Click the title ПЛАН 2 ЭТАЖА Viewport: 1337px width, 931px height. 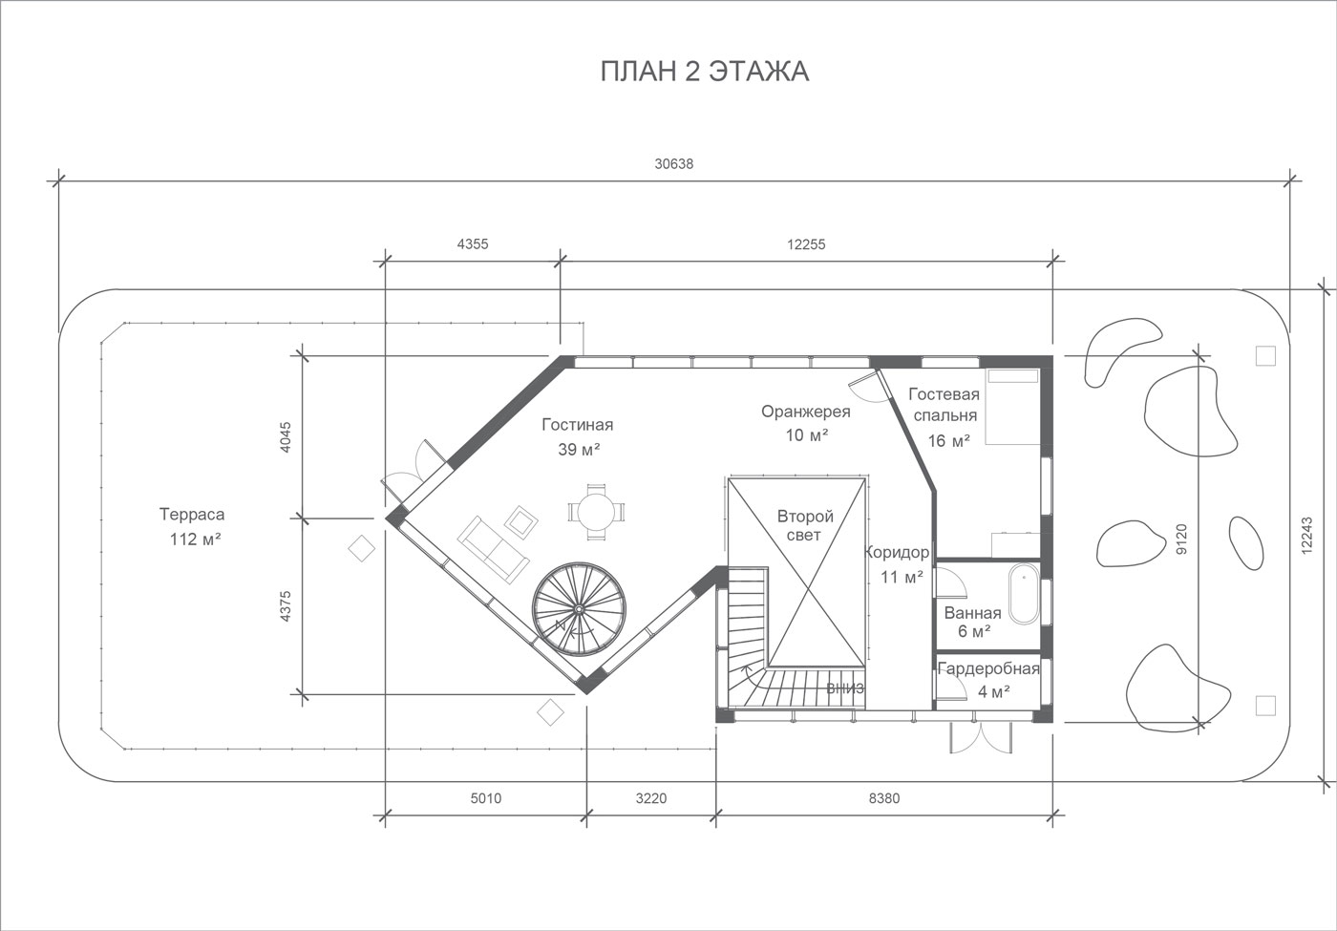click(705, 71)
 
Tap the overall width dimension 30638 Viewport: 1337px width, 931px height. click(674, 164)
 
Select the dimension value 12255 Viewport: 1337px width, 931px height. click(806, 244)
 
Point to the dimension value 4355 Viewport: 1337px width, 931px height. click(473, 244)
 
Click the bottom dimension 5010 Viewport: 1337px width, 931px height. click(486, 798)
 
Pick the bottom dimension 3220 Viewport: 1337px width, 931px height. click(650, 798)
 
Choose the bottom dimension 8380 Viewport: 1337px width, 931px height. click(884, 798)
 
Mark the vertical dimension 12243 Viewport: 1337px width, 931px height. click(1307, 536)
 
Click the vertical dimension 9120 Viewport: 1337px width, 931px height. click(1182, 539)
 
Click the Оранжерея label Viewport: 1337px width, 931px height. click(806, 412)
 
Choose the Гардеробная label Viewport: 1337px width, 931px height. click(988, 669)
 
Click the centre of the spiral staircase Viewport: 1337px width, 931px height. click(579, 608)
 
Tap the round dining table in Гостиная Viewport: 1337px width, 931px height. click(596, 512)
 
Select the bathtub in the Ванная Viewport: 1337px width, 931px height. click(1024, 593)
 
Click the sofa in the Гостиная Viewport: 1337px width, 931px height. click(493, 550)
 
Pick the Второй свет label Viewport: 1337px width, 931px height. click(804, 525)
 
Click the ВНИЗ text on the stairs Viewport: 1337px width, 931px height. click(845, 688)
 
